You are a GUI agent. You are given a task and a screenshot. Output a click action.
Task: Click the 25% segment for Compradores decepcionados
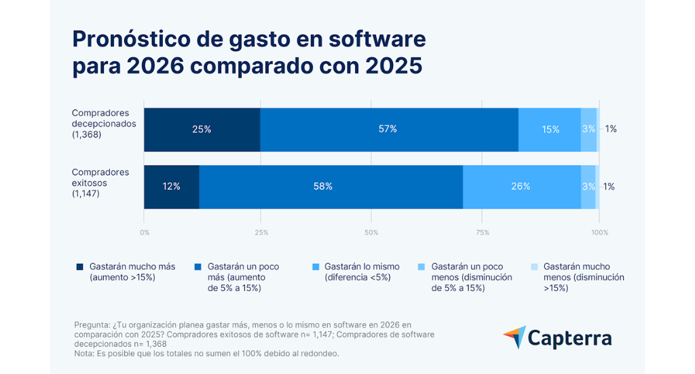(202, 129)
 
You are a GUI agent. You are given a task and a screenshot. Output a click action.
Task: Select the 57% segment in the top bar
(389, 129)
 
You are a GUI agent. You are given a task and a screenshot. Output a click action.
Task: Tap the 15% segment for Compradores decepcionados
(550, 129)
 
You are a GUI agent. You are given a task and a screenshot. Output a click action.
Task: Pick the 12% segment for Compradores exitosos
(171, 186)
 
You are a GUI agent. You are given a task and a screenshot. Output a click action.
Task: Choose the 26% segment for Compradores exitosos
(521, 186)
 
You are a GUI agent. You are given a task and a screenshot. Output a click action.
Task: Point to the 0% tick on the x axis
(145, 233)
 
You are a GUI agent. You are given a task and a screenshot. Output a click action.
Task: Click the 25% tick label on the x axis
(261, 233)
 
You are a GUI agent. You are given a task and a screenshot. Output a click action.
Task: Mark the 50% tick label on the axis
(371, 233)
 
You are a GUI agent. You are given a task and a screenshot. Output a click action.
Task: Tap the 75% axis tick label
(483, 233)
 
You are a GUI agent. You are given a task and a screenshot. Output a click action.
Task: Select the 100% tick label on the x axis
(599, 233)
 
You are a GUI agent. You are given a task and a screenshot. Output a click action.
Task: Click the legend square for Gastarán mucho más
(79, 267)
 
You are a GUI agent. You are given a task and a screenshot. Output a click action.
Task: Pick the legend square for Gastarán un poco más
(198, 267)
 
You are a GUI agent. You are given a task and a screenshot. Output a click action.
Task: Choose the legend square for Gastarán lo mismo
(314, 267)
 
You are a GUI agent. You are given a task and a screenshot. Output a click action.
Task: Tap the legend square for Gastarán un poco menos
(421, 267)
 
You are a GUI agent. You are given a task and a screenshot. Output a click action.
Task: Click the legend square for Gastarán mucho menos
(533, 267)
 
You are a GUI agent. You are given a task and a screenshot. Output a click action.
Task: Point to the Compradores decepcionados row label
(104, 124)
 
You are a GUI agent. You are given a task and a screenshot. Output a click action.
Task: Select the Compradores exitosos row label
(100, 183)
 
